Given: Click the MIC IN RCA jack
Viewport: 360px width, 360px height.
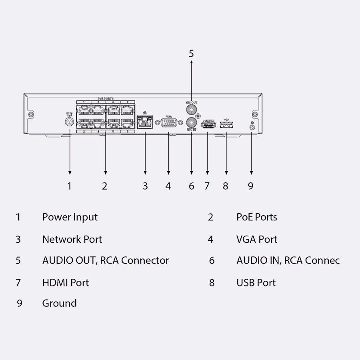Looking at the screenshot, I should point(192,122).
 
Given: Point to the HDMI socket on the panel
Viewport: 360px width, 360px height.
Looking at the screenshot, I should point(208,126).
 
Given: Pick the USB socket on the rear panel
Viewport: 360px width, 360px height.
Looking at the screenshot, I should point(226,126).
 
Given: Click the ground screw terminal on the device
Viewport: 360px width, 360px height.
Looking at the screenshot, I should point(252,127).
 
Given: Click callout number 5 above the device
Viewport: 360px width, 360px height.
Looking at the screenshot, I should point(191,54).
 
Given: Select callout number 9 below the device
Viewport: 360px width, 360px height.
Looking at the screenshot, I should point(250,186).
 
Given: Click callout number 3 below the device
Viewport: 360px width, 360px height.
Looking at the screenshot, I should point(145,186).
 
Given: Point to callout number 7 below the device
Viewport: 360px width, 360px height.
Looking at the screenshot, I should point(207,186).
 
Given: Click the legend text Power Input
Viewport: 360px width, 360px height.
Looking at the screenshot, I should point(70,217).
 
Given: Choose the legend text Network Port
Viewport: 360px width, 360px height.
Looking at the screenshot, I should point(72,240).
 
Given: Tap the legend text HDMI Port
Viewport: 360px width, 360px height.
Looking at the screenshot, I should point(66,283).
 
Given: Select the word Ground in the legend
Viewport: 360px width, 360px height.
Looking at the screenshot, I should point(59,303).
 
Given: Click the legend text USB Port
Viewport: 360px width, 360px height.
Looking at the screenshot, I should point(256,283).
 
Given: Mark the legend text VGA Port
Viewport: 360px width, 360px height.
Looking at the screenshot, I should point(257,240).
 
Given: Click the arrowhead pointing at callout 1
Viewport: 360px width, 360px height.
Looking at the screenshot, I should point(70,172).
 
